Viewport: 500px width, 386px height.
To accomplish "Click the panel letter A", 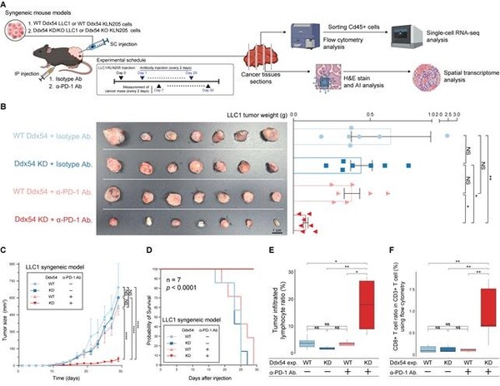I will pyautogui.click(x=6, y=6).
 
